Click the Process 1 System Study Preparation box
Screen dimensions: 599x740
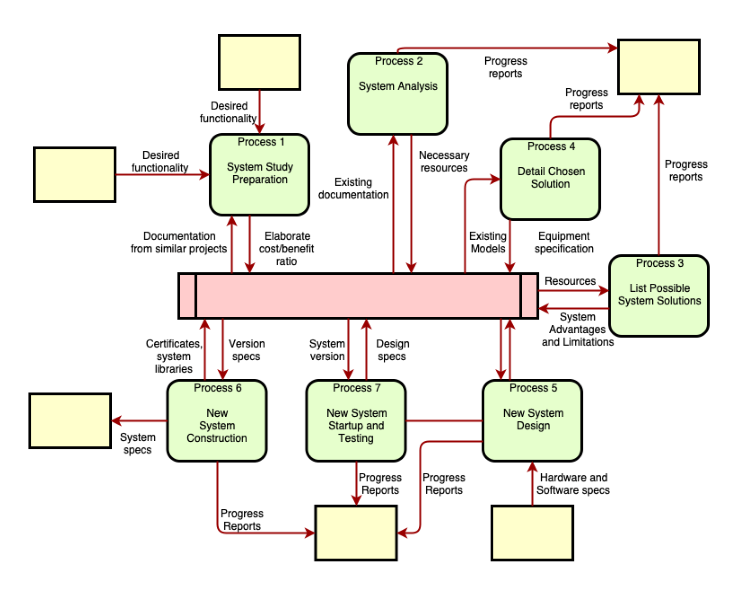(x=259, y=175)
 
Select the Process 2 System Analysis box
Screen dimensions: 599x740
(x=398, y=94)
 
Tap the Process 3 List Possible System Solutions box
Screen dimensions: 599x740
(x=659, y=296)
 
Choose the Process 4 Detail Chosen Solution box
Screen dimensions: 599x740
(x=550, y=179)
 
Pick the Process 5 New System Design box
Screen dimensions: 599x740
(x=532, y=421)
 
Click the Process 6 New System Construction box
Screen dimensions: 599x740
(x=217, y=421)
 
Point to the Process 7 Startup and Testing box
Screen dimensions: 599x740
(x=356, y=421)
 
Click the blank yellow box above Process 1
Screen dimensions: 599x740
(x=259, y=62)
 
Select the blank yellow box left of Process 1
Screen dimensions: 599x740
(x=74, y=175)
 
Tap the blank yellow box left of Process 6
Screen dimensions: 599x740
(x=70, y=421)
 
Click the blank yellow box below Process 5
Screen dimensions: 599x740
(x=532, y=533)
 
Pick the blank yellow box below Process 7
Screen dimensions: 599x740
(x=356, y=533)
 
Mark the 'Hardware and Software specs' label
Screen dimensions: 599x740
(x=573, y=484)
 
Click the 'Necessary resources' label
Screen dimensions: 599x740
(x=444, y=162)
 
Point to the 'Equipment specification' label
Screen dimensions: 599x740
(x=564, y=243)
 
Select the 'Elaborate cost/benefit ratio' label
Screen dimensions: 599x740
(x=287, y=249)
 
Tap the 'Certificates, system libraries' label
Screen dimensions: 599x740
(x=174, y=356)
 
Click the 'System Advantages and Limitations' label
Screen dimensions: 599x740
(x=578, y=329)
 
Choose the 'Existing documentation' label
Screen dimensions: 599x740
(x=353, y=188)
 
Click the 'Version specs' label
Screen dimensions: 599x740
(x=246, y=350)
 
